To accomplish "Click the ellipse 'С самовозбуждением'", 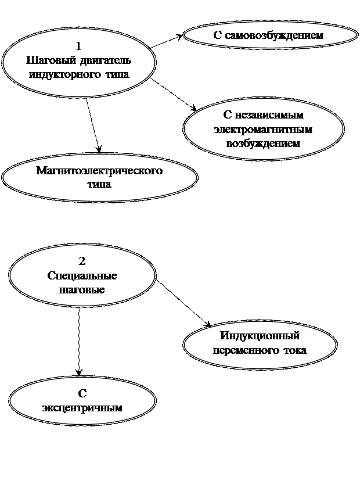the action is click(271, 35).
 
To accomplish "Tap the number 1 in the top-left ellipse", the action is click(79, 46).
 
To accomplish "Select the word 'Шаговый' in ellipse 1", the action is click(46, 60).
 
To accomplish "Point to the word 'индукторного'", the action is click(64, 75).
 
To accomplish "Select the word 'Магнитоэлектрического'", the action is click(99, 171).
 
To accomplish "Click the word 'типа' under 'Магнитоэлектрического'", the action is click(99, 184).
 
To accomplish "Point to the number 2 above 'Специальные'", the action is click(82, 261).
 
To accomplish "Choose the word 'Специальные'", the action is click(82, 275).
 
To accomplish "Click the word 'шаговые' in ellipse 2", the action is click(82, 289).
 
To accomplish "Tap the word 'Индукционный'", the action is click(260, 336).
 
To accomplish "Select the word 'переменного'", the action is click(244, 350).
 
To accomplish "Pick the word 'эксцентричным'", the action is click(82, 407).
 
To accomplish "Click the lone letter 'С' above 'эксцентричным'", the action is click(82, 394).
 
